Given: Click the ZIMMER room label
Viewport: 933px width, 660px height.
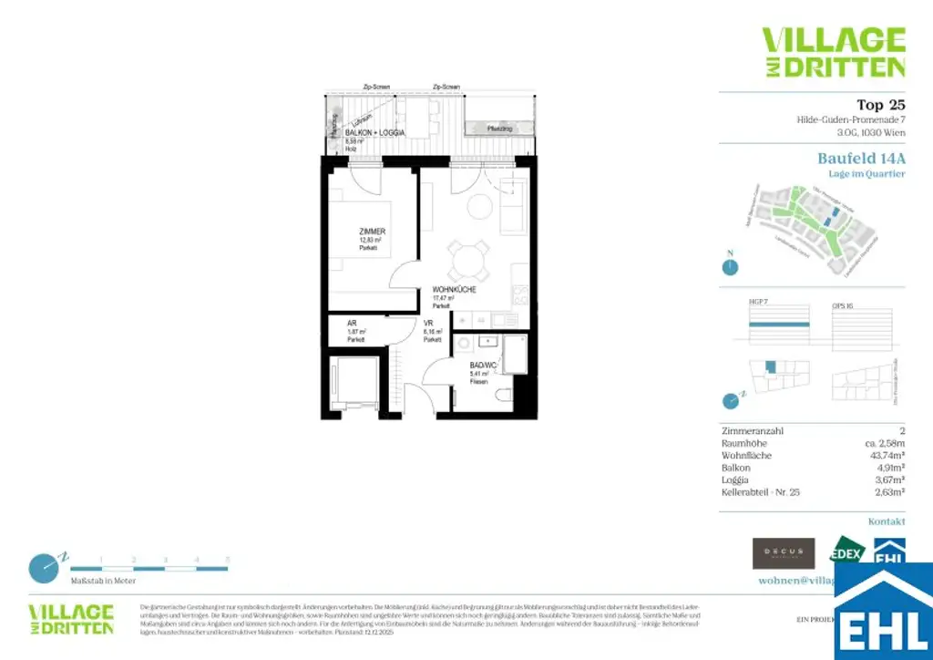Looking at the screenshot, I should pyautogui.click(x=372, y=232).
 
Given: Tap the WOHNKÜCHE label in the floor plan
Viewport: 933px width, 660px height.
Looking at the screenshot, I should pyautogui.click(x=455, y=291).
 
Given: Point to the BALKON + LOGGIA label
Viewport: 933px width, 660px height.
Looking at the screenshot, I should pyautogui.click(x=362, y=133).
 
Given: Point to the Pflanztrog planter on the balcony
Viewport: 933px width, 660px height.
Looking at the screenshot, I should pyautogui.click(x=499, y=128).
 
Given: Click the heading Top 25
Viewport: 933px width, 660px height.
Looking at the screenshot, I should pyautogui.click(x=881, y=105).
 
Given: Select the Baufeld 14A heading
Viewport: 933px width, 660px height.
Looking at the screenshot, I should pyautogui.click(x=861, y=159).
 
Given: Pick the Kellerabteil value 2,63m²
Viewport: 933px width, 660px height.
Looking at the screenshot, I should pyautogui.click(x=888, y=491).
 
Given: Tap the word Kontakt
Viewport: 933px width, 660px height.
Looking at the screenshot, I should pyautogui.click(x=887, y=521).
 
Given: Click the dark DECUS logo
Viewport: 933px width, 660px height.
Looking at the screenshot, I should pyautogui.click(x=783, y=552).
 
